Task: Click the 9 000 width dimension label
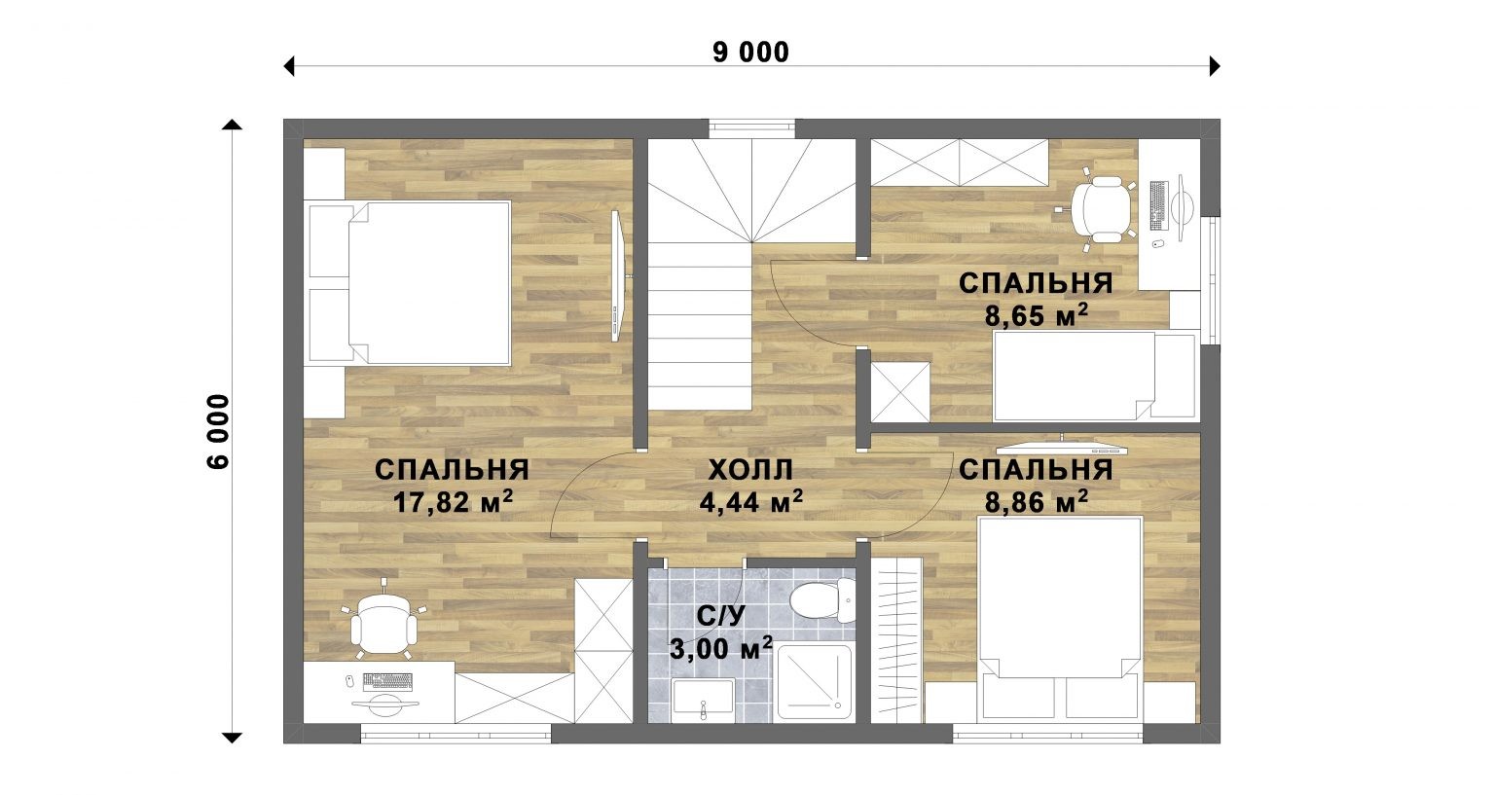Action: coord(750,53)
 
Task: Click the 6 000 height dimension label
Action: coord(219,432)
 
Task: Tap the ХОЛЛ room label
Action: coord(750,470)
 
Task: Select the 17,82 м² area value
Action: coord(454,502)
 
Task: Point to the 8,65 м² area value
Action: coord(1037,315)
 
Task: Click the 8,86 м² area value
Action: coord(1037,502)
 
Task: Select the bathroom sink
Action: coord(704,698)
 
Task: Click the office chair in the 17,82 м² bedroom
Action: coord(384,622)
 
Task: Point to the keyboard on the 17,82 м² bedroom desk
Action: coord(387,681)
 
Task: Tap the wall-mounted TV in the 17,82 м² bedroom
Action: coord(617,276)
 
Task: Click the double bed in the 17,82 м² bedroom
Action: coord(410,283)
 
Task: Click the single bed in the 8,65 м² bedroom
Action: coord(1094,376)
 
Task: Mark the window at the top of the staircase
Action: coord(751,128)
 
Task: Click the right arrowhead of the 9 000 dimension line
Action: coord(1215,66)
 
